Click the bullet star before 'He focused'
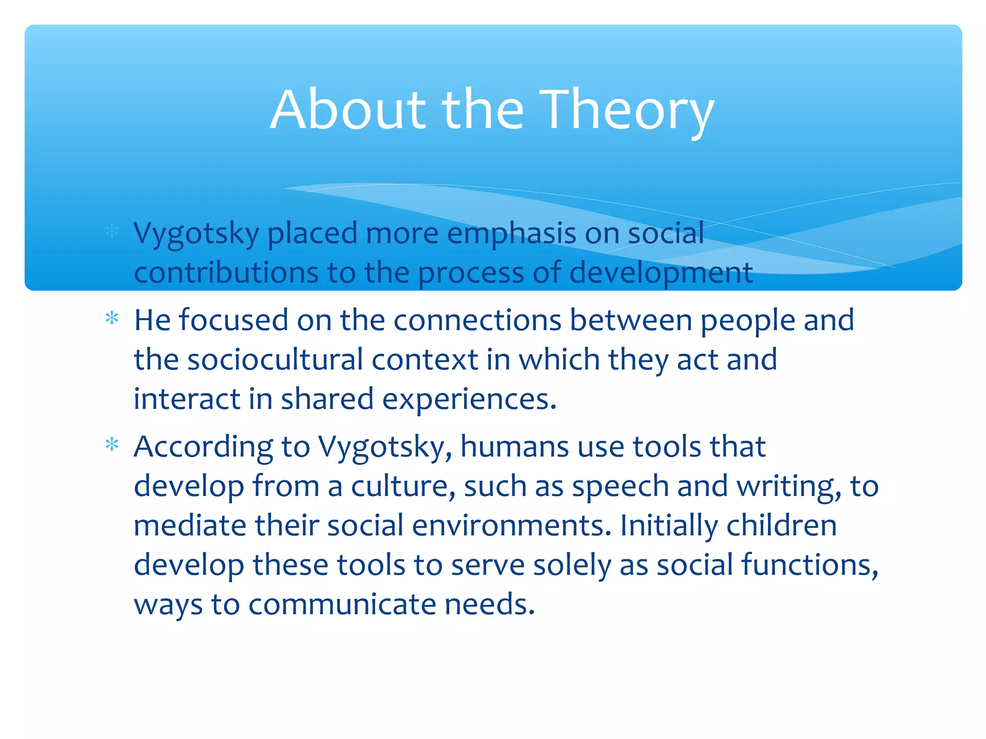click(x=112, y=319)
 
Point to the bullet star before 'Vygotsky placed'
click(x=112, y=231)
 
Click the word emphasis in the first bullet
click(x=511, y=234)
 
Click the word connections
click(x=477, y=320)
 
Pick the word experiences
click(x=469, y=399)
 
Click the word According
click(x=203, y=447)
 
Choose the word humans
click(x=514, y=446)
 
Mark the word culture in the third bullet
click(x=402, y=486)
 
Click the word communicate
click(x=342, y=604)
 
